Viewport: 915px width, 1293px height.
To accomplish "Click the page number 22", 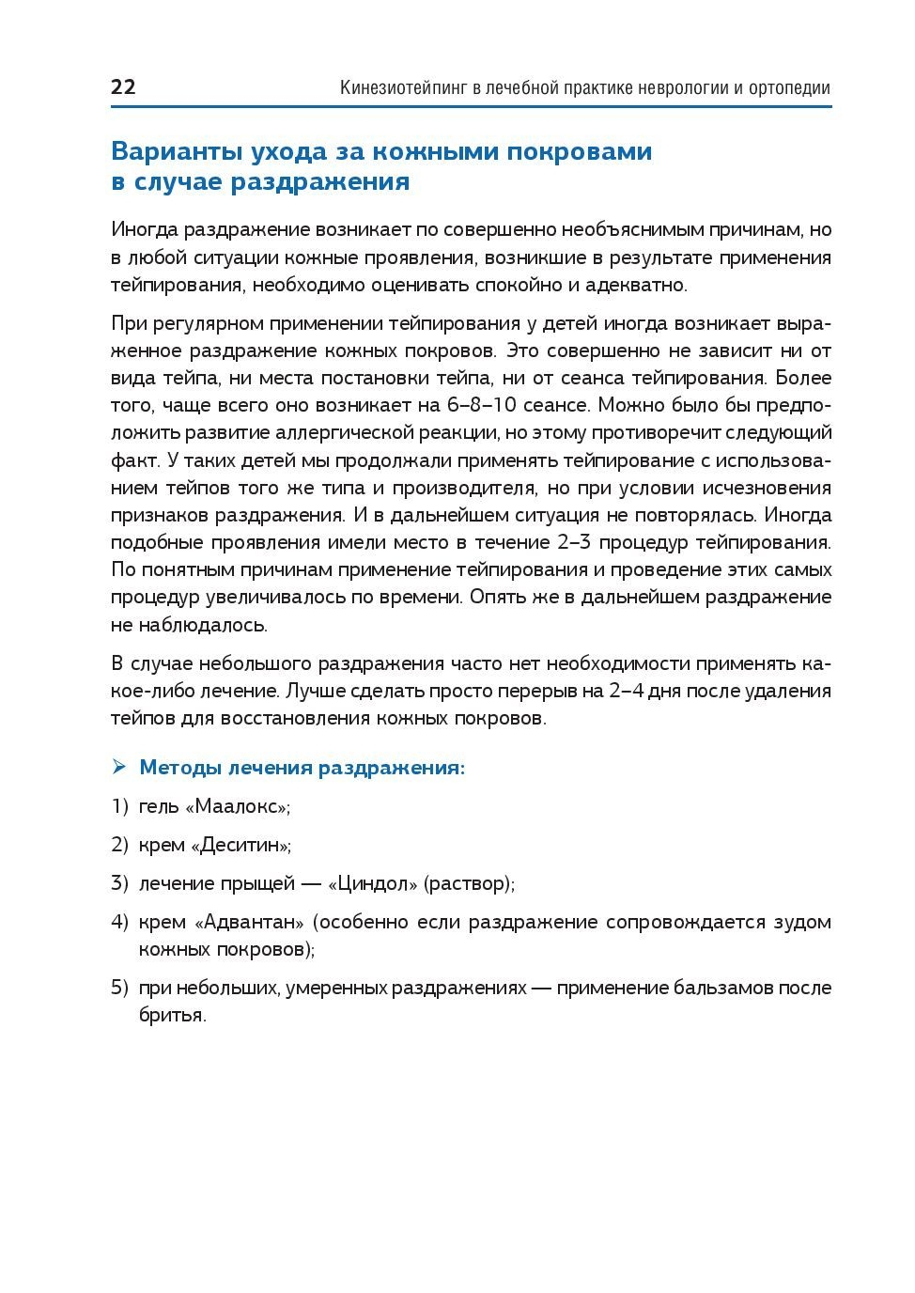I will tap(123, 87).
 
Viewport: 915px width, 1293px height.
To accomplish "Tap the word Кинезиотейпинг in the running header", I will tap(403, 88).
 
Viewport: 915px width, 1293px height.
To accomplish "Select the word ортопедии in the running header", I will tap(790, 88).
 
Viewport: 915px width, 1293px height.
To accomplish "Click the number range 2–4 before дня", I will tap(627, 691).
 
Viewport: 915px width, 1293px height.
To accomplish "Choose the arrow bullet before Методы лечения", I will tap(118, 767).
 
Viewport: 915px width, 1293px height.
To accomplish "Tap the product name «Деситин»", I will tap(240, 845).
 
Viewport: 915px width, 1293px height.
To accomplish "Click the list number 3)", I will tap(119, 883).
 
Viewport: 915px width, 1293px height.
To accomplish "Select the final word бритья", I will tap(172, 1016).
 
